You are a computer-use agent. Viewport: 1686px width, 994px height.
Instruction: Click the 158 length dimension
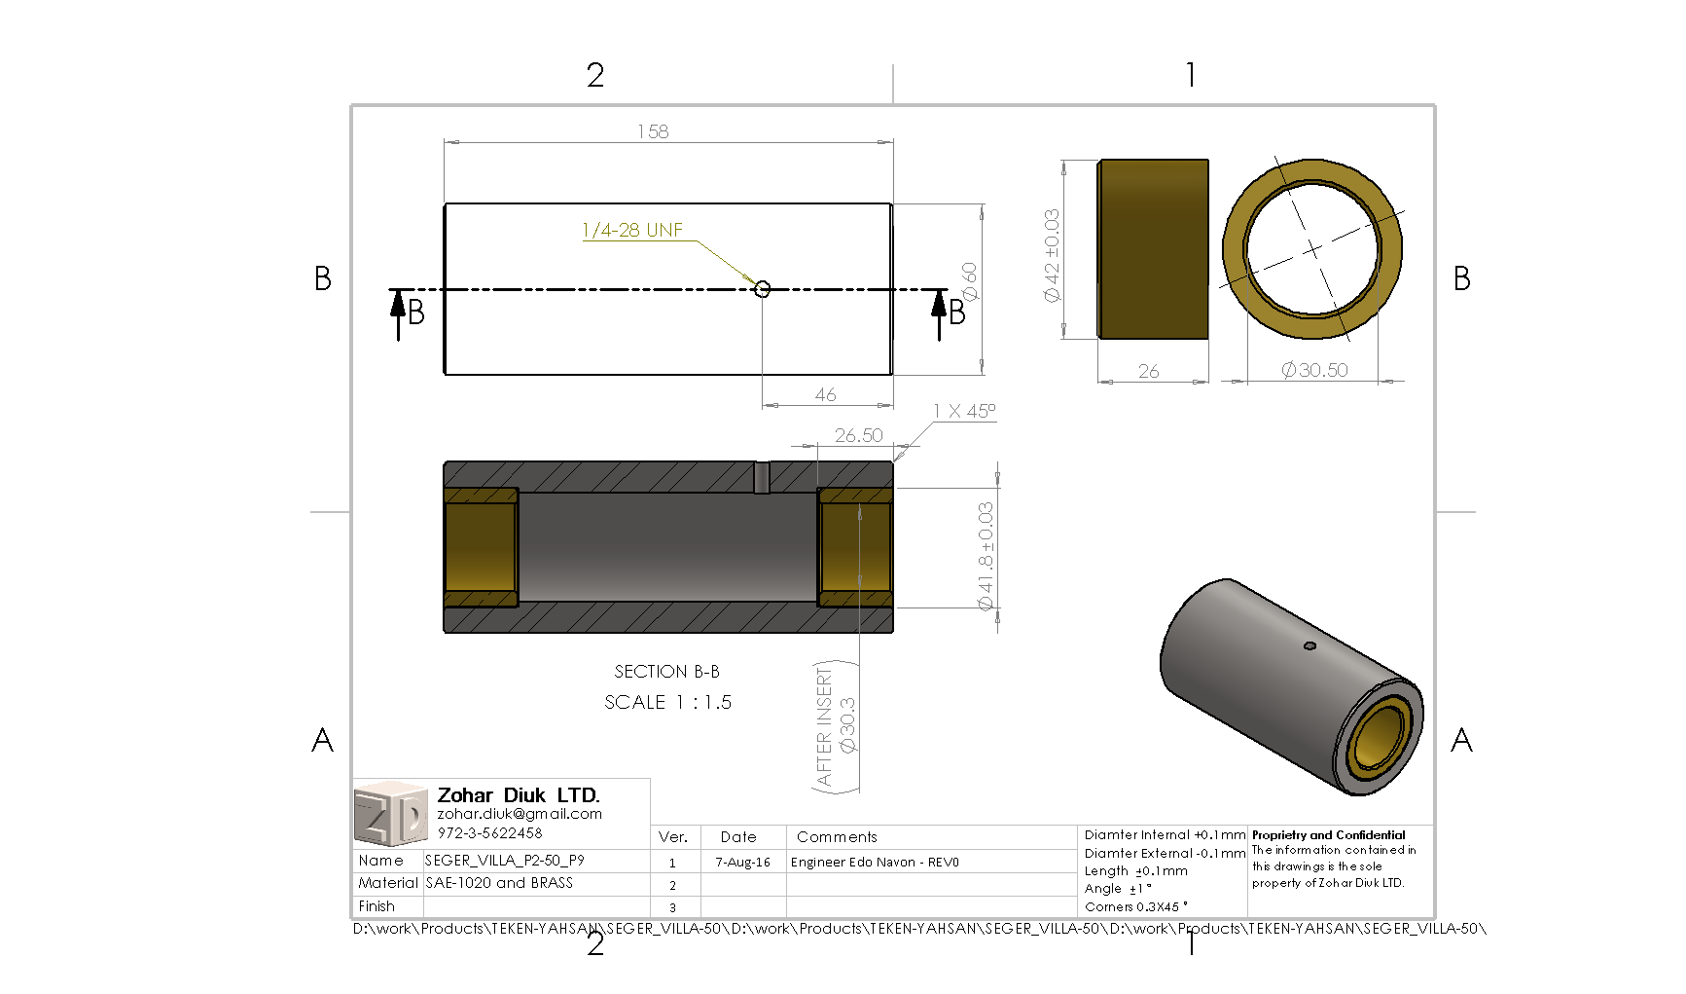point(653,131)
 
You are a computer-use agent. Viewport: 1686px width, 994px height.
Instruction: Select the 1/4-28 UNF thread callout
point(632,231)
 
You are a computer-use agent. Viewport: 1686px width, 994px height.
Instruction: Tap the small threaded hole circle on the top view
point(763,289)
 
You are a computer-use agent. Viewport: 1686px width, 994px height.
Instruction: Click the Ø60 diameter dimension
point(969,281)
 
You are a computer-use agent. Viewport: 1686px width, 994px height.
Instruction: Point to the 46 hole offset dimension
point(825,394)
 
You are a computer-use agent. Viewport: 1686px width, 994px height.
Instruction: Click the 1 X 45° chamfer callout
point(963,411)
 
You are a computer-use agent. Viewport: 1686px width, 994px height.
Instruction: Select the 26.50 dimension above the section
point(858,435)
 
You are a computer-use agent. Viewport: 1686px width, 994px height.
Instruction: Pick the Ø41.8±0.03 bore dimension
point(986,556)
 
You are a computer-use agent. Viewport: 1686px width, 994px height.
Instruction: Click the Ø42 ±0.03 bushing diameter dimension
point(1052,255)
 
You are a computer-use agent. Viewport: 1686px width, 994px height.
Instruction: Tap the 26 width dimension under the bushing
point(1148,371)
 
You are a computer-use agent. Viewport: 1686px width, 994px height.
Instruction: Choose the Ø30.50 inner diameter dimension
point(1314,370)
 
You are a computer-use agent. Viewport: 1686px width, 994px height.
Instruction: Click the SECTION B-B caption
point(666,672)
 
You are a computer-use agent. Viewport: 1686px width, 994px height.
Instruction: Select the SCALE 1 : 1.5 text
point(667,702)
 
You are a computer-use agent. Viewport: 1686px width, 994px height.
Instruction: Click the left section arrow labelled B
point(399,312)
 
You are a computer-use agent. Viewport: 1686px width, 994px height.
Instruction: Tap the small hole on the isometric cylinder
point(1309,645)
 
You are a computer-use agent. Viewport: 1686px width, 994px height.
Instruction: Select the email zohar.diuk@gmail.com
point(520,814)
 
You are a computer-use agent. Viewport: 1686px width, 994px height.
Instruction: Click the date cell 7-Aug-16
point(742,863)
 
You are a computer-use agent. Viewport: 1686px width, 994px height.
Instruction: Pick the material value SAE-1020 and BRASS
point(499,883)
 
